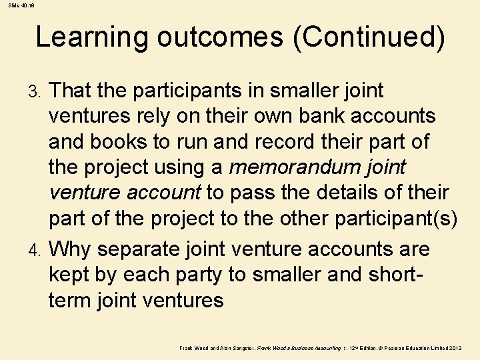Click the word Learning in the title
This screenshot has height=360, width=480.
click(91, 37)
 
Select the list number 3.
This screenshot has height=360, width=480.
click(39, 91)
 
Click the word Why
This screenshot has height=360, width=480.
click(72, 249)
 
